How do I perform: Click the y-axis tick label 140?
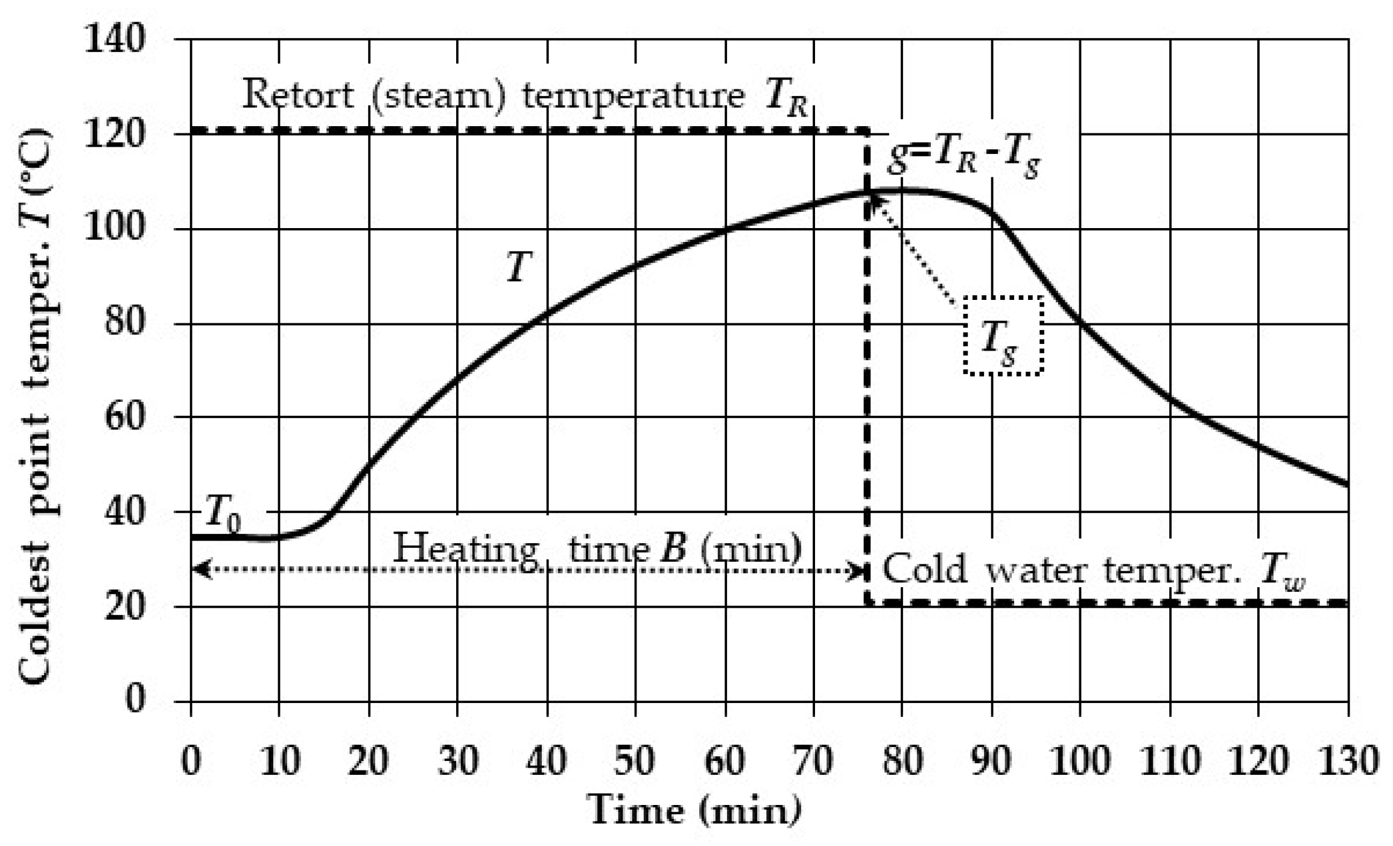click(x=115, y=40)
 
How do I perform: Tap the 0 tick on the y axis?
click(x=136, y=700)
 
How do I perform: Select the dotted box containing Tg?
click(x=1003, y=336)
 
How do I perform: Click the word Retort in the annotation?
click(x=297, y=95)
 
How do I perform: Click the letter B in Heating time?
click(x=672, y=547)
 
